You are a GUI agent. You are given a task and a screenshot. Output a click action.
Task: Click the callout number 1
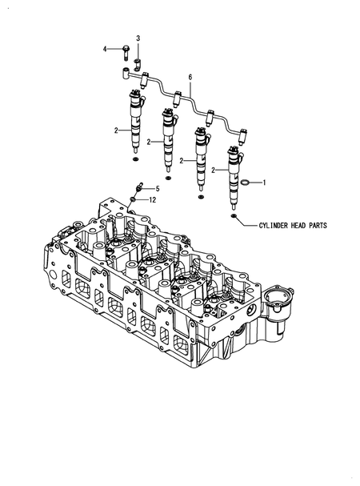click(x=265, y=183)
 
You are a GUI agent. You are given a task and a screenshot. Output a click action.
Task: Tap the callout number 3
click(x=137, y=38)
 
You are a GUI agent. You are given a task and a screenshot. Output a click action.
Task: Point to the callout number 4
click(x=104, y=50)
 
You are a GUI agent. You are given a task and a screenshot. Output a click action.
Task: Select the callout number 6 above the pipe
click(x=190, y=78)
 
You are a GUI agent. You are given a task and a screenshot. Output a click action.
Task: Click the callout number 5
click(x=158, y=188)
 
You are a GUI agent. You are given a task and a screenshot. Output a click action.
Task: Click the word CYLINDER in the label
click(x=278, y=226)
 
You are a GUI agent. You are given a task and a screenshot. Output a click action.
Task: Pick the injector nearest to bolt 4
click(x=134, y=120)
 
